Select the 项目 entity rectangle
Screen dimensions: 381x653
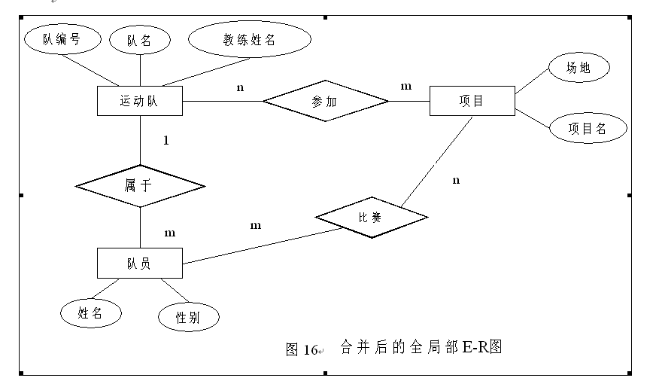pos(472,101)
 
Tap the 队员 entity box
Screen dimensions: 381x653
pos(140,264)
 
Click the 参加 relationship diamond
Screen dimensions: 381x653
pos(326,101)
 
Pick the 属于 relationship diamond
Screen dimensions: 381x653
pos(140,185)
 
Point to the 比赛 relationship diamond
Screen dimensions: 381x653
pos(372,218)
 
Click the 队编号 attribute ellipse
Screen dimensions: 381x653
pos(61,40)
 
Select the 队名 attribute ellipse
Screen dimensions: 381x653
pos(140,41)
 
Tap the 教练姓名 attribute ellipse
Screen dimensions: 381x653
pos(248,40)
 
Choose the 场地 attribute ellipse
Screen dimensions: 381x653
pos(578,69)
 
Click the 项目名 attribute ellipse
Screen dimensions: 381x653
pos(588,129)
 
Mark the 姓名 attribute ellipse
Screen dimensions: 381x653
pos(91,313)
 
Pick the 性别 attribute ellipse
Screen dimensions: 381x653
pos(188,317)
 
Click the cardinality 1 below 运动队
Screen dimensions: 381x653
pos(166,141)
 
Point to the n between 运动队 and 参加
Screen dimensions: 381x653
pos(240,87)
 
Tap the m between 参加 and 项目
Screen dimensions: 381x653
pos(406,87)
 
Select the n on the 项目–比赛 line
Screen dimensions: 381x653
pos(456,180)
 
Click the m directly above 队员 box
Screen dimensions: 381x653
pos(170,233)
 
